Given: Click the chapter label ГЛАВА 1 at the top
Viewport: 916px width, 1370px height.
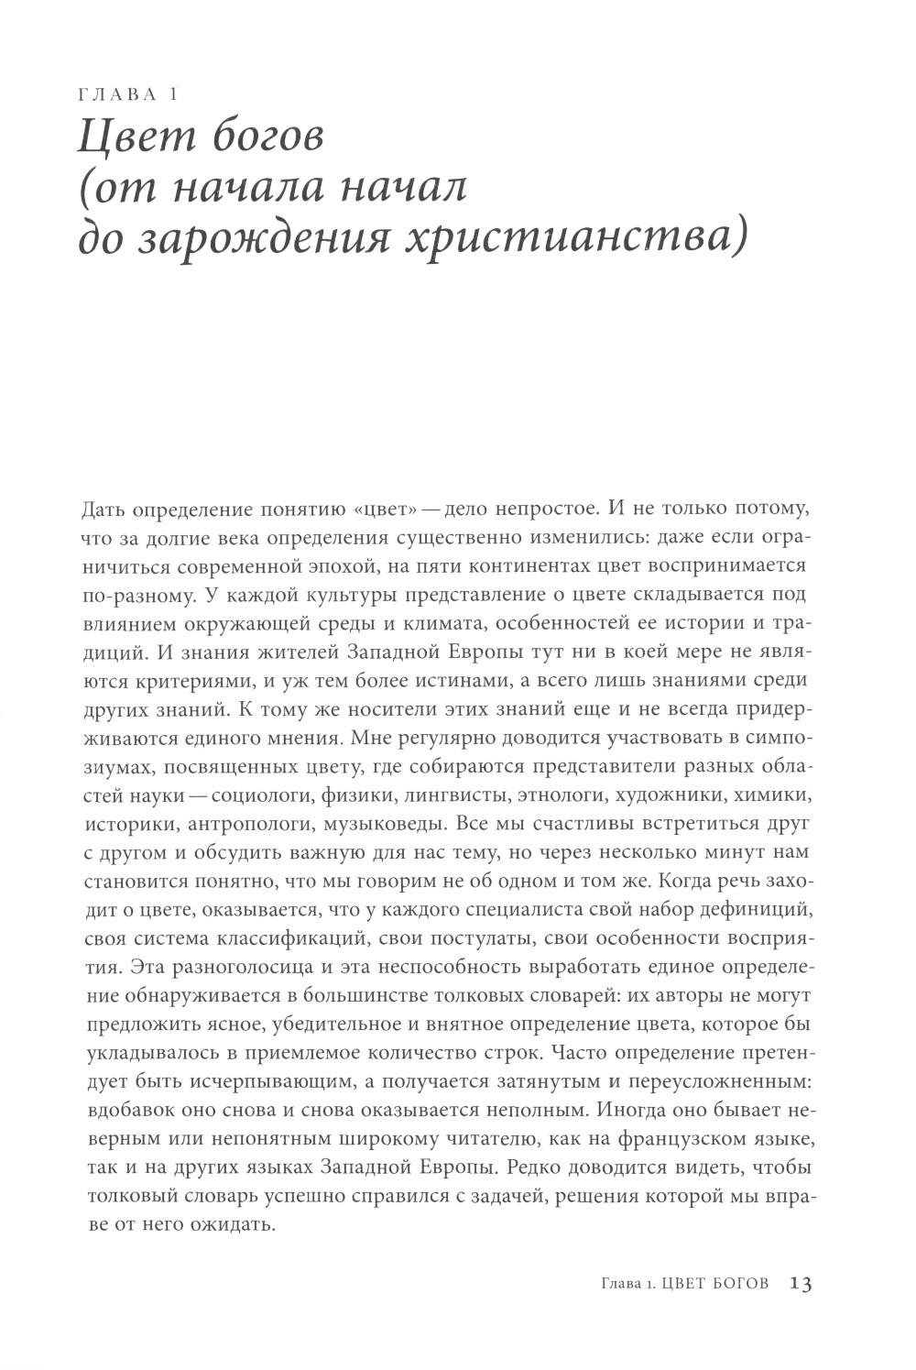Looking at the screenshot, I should [x=127, y=94].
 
